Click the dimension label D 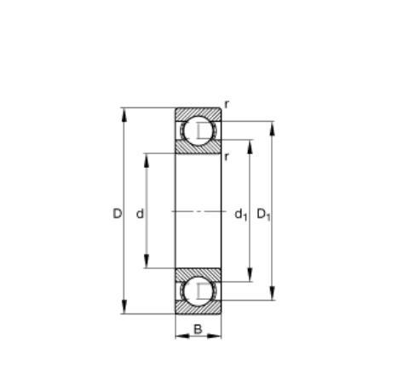[117, 214]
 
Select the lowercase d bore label [140, 214]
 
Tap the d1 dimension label [241, 215]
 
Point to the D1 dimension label [263, 215]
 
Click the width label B [198, 330]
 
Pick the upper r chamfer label [227, 105]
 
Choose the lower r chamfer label [227, 157]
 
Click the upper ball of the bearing [198, 130]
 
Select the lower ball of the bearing [198, 291]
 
